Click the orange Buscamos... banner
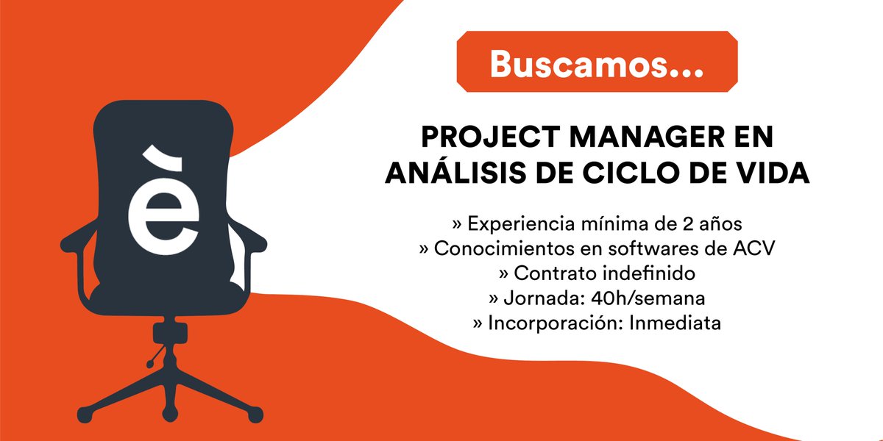596,64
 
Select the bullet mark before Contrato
504,273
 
